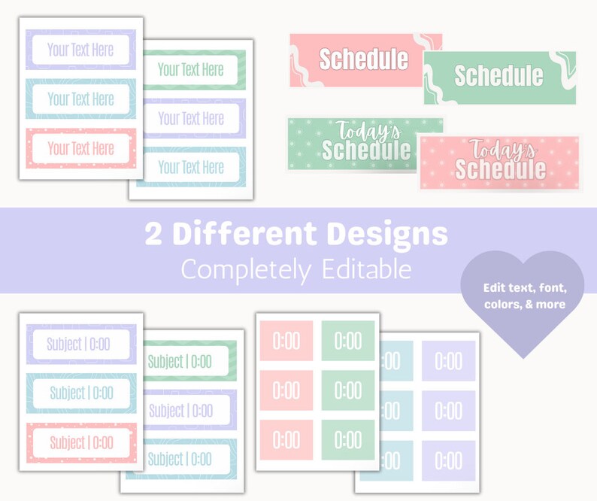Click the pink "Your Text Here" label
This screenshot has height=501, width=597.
click(x=80, y=148)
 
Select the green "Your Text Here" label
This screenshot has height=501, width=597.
click(x=191, y=70)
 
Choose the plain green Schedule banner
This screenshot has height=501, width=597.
click(x=499, y=76)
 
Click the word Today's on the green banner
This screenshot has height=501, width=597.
click(x=368, y=131)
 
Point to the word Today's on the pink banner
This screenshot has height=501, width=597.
click(x=500, y=148)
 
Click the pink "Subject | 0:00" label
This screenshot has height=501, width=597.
click(x=81, y=442)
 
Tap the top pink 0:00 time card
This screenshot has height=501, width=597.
click(x=286, y=342)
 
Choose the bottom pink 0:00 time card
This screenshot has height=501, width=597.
click(x=286, y=439)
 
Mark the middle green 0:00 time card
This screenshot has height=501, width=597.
click(x=348, y=390)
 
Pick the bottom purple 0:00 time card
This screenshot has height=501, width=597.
click(x=449, y=460)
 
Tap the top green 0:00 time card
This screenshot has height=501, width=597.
click(x=348, y=342)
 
